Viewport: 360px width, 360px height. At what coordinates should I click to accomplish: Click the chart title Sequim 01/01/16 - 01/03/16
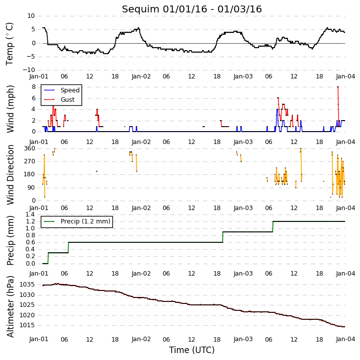[192, 9]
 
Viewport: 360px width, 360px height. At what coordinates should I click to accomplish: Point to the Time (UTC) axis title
[192, 350]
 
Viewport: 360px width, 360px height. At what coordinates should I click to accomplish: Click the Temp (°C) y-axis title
[9, 44]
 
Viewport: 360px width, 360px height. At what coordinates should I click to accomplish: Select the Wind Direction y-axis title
[10, 175]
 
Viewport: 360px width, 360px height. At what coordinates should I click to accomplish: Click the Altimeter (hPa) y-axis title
[10, 306]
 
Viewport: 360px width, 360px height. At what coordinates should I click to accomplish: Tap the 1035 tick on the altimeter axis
[27, 285]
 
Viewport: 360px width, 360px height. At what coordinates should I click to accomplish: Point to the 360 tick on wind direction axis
[30, 148]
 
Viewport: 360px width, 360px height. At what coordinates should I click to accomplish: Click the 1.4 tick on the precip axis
[30, 215]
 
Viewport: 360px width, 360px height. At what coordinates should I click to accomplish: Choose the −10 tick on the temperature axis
[28, 70]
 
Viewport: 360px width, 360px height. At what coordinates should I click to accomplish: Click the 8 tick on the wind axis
[34, 87]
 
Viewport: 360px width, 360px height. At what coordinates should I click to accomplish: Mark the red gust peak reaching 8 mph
[338, 87]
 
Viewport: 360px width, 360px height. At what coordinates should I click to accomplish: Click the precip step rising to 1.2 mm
[273, 226]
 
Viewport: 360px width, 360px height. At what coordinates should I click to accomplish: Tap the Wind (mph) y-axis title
[10, 109]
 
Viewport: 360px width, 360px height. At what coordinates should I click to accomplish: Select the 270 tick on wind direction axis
[30, 161]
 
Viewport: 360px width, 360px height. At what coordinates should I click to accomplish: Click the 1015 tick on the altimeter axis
[27, 325]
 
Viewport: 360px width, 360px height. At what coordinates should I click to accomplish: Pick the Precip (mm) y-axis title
[10, 241]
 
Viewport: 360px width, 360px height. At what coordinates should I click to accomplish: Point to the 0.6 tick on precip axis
[30, 242]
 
